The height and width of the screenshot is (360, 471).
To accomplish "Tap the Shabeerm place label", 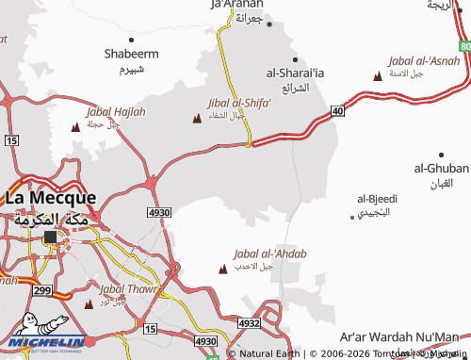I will (x=131, y=54).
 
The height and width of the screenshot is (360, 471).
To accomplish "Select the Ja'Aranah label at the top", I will (x=235, y=5).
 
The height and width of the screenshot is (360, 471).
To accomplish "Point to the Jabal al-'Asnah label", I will (x=424, y=61).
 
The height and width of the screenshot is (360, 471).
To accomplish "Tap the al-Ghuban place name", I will (x=440, y=168).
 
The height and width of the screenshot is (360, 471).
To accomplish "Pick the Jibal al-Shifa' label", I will (x=239, y=105).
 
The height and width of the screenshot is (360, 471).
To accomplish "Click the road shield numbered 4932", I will (x=250, y=322).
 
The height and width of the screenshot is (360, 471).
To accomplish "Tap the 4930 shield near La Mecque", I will (x=158, y=214).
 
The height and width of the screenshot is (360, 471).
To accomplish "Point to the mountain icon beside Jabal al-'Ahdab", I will (x=222, y=270).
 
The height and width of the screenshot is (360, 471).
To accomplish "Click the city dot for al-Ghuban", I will (x=440, y=154).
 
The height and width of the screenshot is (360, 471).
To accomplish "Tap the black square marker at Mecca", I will (x=49, y=239).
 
